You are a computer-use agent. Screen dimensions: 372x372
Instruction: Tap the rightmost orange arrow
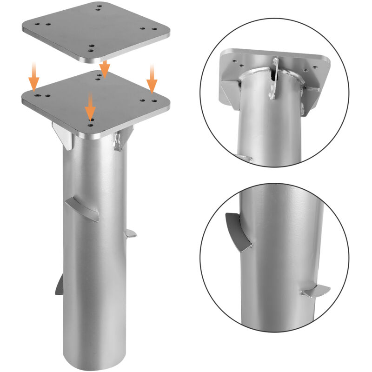(x=152, y=78)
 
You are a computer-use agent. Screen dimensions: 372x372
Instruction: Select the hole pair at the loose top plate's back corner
(x=99, y=7)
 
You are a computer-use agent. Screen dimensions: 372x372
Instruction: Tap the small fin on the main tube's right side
(x=131, y=234)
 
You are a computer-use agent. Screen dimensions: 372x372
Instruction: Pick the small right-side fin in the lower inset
(x=315, y=292)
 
